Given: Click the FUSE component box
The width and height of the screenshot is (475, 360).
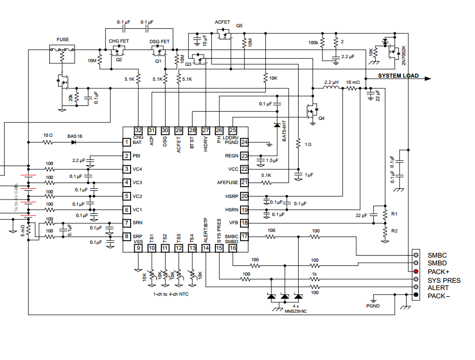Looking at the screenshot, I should [x=61, y=53].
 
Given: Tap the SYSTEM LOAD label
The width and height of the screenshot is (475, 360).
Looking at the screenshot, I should [x=398, y=76].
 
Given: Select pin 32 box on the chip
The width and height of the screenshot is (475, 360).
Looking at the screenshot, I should [x=138, y=131].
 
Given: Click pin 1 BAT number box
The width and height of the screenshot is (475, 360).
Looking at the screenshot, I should [x=126, y=142].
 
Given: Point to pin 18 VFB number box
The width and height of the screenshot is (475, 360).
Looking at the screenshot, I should [x=245, y=223].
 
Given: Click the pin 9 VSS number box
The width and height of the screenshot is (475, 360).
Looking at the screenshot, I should [x=138, y=248].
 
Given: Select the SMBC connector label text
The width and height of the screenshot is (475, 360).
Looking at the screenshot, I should [x=437, y=255].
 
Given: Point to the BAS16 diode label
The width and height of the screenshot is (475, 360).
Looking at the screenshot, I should [x=75, y=136].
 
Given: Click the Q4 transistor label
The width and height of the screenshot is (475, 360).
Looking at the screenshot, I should [x=321, y=119].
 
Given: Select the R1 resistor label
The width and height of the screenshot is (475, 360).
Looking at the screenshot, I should [x=394, y=213].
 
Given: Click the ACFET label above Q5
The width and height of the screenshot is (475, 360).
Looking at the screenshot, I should [x=223, y=23].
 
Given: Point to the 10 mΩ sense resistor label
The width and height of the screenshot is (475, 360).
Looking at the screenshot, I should [x=353, y=82].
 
